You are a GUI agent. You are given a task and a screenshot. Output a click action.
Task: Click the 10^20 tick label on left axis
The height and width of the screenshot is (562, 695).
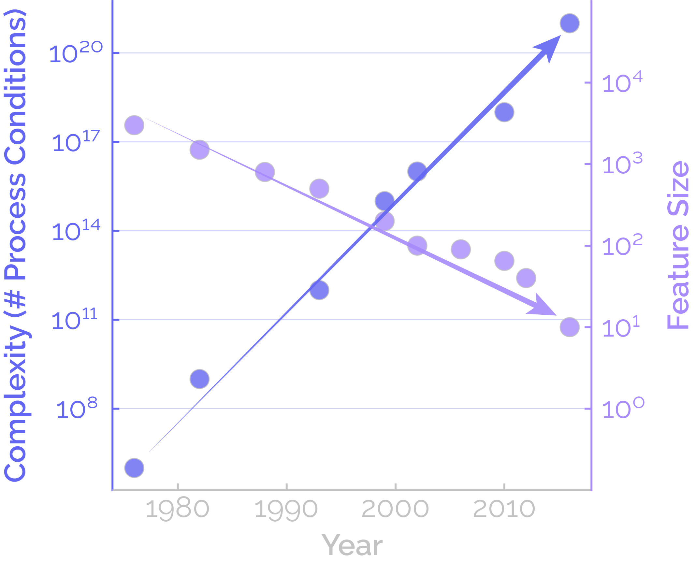click(x=76, y=52)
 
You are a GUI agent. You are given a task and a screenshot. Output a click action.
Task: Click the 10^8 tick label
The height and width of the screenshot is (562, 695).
click(x=77, y=408)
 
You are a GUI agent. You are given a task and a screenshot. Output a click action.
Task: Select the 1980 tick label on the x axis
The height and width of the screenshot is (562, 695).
click(x=177, y=509)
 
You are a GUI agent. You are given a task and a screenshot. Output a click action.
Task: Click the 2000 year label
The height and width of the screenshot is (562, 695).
click(x=395, y=509)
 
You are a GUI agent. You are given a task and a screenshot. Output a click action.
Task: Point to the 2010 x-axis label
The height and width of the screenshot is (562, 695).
click(x=504, y=509)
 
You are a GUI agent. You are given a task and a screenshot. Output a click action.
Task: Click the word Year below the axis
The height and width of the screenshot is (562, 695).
click(x=352, y=546)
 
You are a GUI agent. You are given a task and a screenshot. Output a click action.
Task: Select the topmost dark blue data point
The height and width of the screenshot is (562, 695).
click(x=570, y=23)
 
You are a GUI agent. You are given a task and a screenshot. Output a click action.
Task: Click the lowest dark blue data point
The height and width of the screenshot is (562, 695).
click(x=134, y=468)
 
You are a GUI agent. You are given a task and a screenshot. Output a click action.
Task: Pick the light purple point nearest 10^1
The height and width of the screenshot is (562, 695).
click(x=570, y=327)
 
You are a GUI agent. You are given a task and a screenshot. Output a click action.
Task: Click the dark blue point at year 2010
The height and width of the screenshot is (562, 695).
click(x=504, y=112)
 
